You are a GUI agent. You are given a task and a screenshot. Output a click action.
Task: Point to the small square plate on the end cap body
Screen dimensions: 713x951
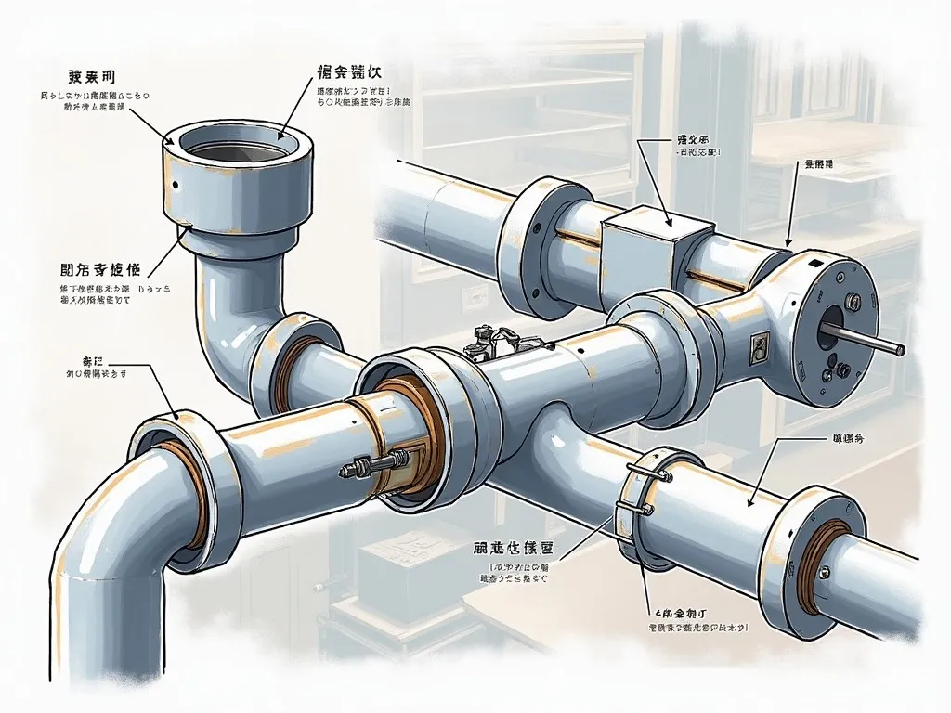pos(758,347)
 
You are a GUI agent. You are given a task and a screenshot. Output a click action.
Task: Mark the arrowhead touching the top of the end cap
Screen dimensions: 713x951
pos(786,246)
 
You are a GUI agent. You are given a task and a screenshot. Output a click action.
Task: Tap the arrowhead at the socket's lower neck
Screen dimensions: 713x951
pos(189,226)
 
